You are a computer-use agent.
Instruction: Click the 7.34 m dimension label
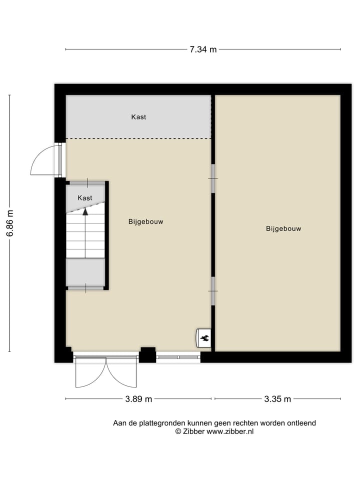click(x=203, y=49)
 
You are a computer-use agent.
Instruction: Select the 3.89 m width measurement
click(x=138, y=399)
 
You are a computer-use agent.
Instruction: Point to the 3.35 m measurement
click(x=277, y=399)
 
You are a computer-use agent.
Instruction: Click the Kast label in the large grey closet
click(x=138, y=117)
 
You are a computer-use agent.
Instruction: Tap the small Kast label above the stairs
click(x=85, y=198)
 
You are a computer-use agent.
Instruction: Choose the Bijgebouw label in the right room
click(x=283, y=229)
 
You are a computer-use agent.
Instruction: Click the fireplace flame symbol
click(x=204, y=338)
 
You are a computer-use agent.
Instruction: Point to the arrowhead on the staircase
click(x=85, y=211)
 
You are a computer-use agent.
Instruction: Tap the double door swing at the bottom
click(x=105, y=372)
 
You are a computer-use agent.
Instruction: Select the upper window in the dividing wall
click(x=213, y=178)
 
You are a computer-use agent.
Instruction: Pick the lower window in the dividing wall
click(x=213, y=291)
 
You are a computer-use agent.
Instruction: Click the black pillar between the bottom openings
click(x=147, y=354)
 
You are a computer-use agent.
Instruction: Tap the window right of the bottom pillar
click(x=178, y=356)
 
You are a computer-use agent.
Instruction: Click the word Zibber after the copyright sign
click(x=194, y=431)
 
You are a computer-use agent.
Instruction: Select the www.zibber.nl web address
click(x=230, y=431)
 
